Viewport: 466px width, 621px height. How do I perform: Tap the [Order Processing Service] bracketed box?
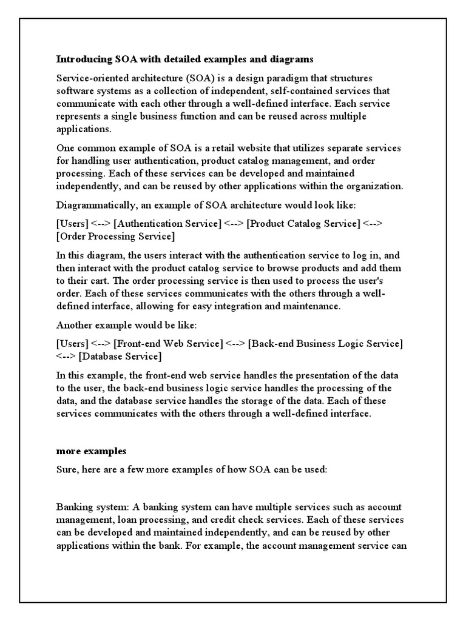(x=115, y=236)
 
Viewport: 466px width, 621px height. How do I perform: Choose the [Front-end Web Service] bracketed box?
(x=168, y=344)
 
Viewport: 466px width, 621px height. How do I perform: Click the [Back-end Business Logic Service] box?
(x=326, y=344)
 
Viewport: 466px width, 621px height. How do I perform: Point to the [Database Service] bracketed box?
(x=120, y=356)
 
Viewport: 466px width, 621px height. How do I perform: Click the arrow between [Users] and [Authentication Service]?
(x=101, y=224)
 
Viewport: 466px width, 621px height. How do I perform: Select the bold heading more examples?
(x=92, y=452)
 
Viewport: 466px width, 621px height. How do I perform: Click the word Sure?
(x=67, y=471)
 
